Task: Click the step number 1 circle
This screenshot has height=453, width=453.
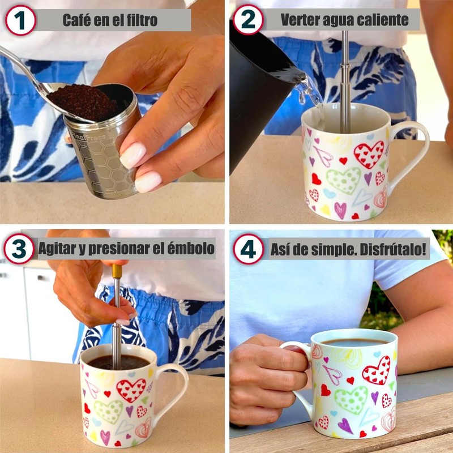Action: tap(20, 20)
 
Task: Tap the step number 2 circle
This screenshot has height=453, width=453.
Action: tap(248, 20)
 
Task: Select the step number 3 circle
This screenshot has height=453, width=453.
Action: tap(19, 249)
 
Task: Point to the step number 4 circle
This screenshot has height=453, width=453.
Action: tap(249, 249)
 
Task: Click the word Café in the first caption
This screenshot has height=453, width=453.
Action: tap(74, 20)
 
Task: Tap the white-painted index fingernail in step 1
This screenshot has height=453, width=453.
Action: tap(133, 155)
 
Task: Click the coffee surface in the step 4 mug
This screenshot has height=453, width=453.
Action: tap(354, 343)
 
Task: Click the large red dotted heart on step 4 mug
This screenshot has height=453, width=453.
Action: tap(377, 371)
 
